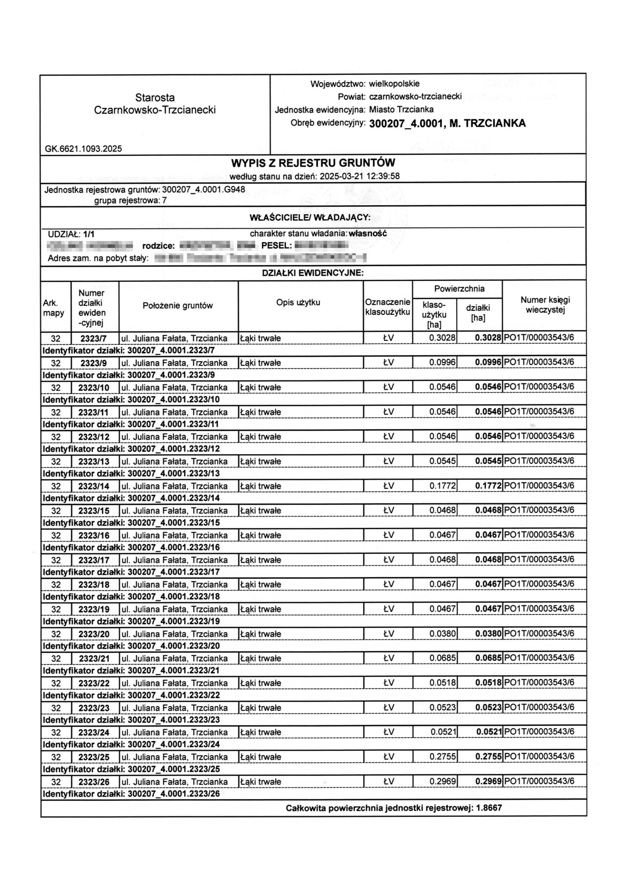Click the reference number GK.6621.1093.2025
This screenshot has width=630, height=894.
(x=83, y=148)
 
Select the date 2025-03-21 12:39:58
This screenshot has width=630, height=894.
(x=359, y=176)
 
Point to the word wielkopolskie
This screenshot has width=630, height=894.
(x=394, y=84)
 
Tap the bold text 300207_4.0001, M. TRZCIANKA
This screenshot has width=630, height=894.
(x=447, y=123)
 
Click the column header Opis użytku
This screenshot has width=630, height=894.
(x=298, y=302)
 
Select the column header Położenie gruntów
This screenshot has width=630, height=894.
(x=178, y=306)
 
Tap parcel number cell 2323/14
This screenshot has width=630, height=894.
(x=94, y=486)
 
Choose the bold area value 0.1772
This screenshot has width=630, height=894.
(x=488, y=486)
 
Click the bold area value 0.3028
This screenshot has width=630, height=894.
(x=488, y=338)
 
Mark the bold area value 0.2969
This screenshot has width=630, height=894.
(x=488, y=782)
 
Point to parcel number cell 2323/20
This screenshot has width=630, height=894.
(x=94, y=634)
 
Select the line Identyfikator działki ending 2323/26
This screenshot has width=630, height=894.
(x=131, y=793)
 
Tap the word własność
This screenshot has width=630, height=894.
(x=368, y=234)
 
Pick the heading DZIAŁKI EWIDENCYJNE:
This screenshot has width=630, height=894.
(x=313, y=273)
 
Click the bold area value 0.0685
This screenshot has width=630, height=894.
(x=488, y=658)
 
